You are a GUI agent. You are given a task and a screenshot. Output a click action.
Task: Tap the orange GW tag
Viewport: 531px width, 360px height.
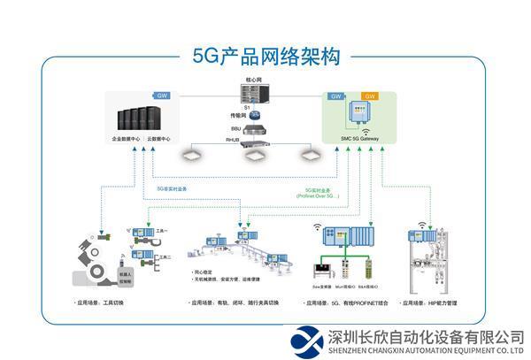[369, 96]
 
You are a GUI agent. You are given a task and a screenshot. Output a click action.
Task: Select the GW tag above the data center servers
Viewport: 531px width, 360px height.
[161, 96]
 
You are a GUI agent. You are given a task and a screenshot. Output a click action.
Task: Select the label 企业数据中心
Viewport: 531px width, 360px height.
[127, 140]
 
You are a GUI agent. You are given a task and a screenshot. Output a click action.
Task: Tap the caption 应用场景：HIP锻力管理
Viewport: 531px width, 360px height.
[431, 303]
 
